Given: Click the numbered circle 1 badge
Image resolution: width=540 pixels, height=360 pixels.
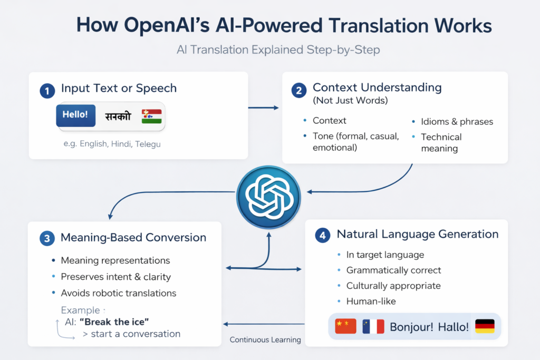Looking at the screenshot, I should click(x=47, y=91).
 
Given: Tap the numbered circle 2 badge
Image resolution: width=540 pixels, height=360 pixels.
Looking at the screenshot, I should click(x=298, y=90).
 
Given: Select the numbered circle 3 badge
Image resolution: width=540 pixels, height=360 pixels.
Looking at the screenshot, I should click(x=47, y=239).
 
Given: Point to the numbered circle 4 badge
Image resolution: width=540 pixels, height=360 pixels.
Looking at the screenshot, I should click(x=322, y=235).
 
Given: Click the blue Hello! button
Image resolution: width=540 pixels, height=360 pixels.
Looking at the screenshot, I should click(x=75, y=115).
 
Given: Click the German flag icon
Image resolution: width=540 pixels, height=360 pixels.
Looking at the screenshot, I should click(x=485, y=326).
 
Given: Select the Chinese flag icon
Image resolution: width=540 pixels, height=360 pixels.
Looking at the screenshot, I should click(x=346, y=326).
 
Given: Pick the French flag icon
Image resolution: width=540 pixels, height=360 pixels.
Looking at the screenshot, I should click(x=373, y=326).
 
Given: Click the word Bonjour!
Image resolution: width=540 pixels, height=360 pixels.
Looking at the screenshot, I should click(x=411, y=327).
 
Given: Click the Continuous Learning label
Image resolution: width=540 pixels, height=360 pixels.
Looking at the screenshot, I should click(x=265, y=340).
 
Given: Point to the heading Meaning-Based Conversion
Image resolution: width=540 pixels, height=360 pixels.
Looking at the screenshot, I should click(x=133, y=238).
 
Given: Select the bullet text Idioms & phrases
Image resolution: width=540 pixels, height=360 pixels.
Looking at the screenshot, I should click(x=457, y=122).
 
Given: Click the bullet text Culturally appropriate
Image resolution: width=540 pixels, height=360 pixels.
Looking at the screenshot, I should click(x=393, y=286).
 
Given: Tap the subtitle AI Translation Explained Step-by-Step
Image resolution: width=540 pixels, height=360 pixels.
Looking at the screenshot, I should click(x=278, y=51).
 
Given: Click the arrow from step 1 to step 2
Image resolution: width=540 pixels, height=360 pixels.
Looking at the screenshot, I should click(x=263, y=108).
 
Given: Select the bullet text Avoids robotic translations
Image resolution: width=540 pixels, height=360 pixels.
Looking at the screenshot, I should click(x=119, y=293).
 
